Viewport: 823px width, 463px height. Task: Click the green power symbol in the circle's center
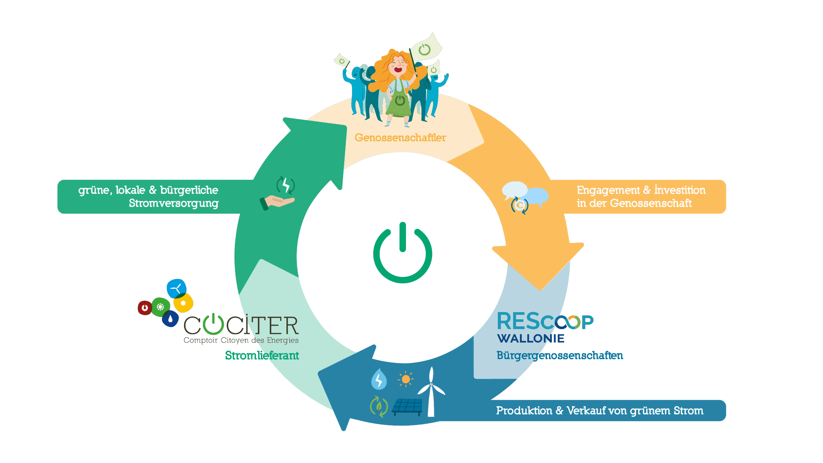402,254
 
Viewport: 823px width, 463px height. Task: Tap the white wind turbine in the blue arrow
431,391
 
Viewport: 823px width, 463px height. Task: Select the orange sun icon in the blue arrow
406,379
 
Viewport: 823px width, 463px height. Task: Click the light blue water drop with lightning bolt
379,379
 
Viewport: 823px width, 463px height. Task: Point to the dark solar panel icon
407,407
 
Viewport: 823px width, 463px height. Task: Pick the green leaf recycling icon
379,406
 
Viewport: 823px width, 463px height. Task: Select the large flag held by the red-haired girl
426,48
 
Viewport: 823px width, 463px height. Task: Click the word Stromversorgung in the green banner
174,203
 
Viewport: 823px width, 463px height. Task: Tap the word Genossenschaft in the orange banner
651,203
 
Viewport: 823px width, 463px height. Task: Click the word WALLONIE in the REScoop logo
531,339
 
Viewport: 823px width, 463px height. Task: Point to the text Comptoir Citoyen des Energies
241,340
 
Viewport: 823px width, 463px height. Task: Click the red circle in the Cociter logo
145,308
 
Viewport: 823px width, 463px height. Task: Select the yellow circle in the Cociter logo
183,303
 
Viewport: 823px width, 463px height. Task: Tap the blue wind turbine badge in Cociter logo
176,288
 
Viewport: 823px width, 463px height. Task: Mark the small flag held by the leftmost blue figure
341,60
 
